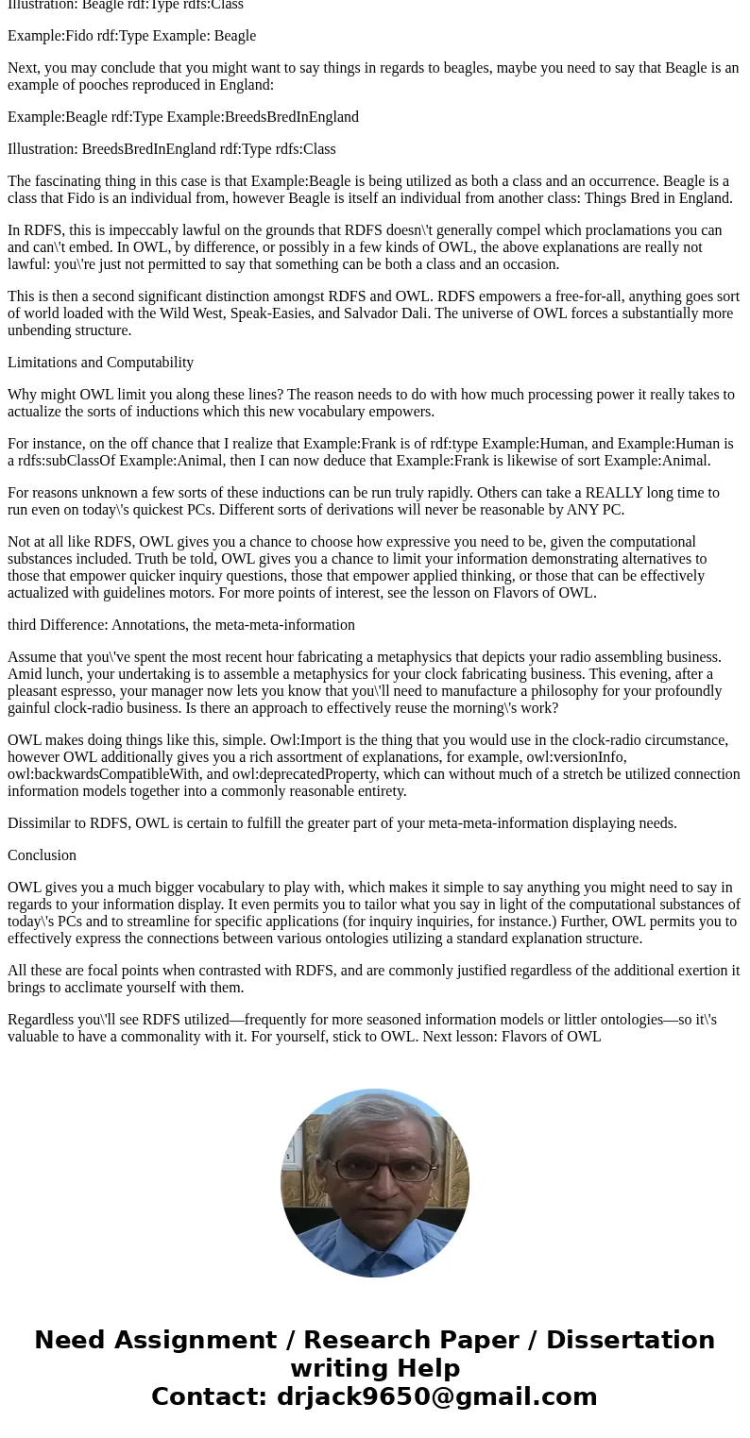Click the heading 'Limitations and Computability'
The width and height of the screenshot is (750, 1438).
click(100, 363)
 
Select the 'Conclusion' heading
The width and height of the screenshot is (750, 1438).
click(42, 855)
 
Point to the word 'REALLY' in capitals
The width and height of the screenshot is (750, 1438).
click(618, 493)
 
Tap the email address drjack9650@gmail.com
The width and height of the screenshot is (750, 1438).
click(436, 1396)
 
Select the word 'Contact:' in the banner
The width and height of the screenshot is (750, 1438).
click(210, 1396)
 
